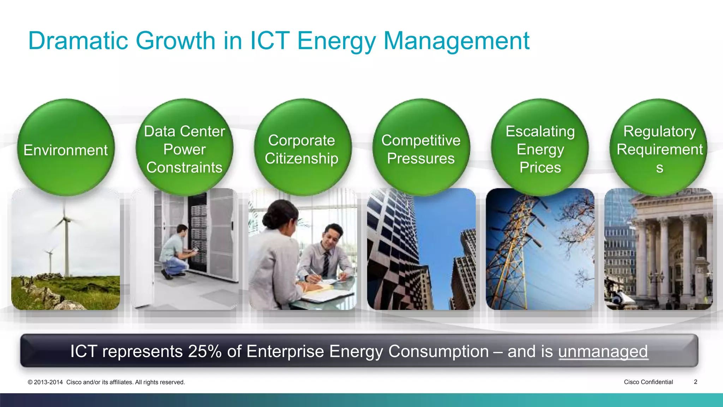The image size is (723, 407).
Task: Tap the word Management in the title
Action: click(x=456, y=41)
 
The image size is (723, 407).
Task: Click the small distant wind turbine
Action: click(x=50, y=252)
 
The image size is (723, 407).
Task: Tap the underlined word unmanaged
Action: click(x=603, y=351)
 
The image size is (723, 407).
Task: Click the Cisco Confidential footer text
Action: click(x=648, y=382)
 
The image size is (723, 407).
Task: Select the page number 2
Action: click(x=695, y=382)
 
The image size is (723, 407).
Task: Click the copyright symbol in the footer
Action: click(x=30, y=382)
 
